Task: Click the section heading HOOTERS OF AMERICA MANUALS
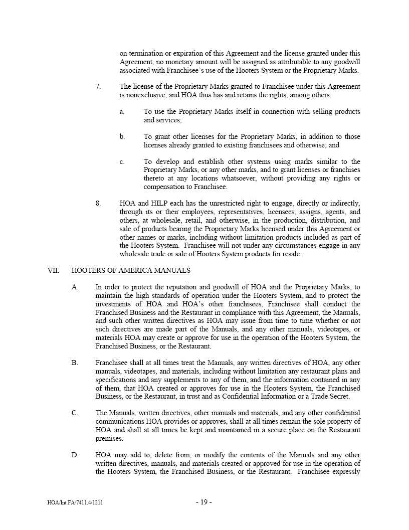click(x=131, y=271)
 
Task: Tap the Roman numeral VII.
click(x=53, y=271)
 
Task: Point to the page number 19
click(x=204, y=502)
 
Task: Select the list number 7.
click(x=98, y=87)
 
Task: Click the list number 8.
click(x=98, y=204)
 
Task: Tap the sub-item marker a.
click(x=122, y=112)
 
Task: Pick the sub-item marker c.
click(x=122, y=162)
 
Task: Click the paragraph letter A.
click(x=75, y=287)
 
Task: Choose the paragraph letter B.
click(x=75, y=363)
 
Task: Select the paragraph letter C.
click(x=75, y=413)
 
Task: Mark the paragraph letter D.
click(x=75, y=455)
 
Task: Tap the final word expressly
click(x=346, y=472)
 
